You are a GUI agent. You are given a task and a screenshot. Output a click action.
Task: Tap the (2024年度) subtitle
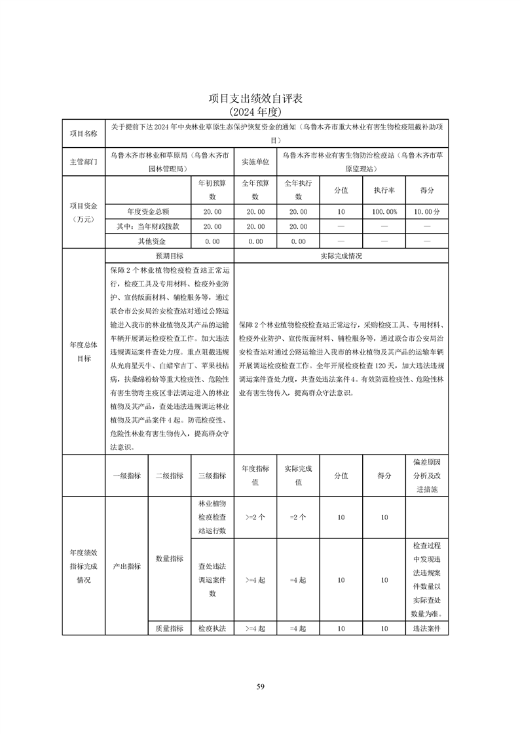259,111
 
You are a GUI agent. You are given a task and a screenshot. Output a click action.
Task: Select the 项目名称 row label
83,133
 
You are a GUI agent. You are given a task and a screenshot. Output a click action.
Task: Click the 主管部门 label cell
83,162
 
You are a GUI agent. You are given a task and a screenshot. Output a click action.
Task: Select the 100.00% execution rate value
385,212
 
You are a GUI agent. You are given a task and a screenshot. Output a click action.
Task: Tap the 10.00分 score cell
427,212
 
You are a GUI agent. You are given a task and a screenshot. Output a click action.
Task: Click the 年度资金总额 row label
148,212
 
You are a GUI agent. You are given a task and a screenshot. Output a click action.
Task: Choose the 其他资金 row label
148,241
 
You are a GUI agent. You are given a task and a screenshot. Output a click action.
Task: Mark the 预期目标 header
169,256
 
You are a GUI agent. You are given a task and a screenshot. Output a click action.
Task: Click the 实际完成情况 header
341,256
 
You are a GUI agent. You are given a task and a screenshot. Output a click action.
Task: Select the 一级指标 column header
126,476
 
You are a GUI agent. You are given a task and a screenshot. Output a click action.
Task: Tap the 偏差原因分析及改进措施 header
427,476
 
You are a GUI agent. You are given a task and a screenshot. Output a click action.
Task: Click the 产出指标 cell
126,567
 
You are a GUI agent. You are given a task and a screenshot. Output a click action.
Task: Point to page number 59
260,686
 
